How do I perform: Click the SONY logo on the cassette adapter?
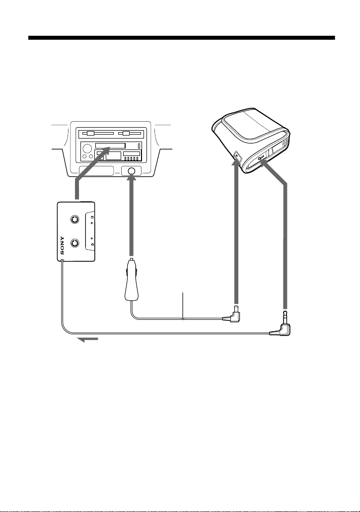point(62,245)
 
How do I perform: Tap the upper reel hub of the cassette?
point(75,219)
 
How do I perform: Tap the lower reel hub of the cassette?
point(75,243)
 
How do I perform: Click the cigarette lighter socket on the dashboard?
point(132,171)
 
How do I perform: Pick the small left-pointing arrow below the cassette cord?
point(87,340)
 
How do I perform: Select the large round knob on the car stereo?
point(87,149)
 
